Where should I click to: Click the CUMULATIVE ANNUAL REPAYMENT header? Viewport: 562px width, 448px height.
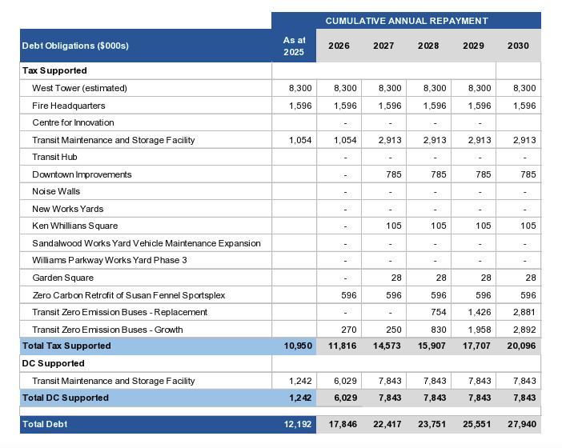tap(406, 21)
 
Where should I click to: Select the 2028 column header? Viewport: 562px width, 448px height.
tap(428, 46)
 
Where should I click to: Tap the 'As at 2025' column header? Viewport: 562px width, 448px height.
tap(294, 46)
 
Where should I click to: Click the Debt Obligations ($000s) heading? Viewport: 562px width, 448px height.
tap(75, 46)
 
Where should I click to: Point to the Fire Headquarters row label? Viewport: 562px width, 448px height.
tap(68, 106)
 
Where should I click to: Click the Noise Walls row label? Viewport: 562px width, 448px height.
tap(56, 191)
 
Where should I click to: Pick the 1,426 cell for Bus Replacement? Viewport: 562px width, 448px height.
tap(478, 312)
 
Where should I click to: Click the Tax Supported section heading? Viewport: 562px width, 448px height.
tap(54, 71)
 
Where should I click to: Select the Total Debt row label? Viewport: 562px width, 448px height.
tap(46, 424)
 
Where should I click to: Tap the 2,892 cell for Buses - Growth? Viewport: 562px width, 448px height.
tap(523, 330)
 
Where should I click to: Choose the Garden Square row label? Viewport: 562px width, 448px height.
tap(62, 278)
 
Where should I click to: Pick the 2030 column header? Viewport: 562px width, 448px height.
tap(518, 46)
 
